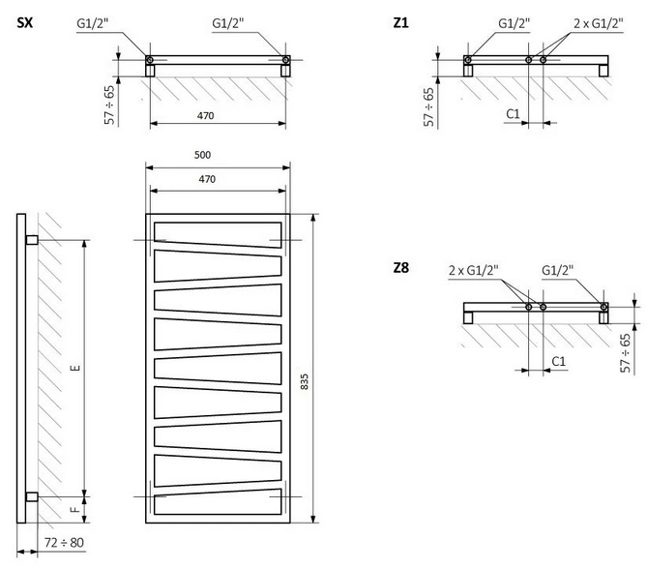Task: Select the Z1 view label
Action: point(400,21)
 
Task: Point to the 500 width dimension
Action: point(202,155)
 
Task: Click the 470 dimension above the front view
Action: point(206,179)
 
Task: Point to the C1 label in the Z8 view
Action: point(558,361)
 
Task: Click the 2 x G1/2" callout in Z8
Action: point(473,270)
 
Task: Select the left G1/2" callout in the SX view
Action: point(95,23)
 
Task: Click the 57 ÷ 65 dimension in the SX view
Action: point(110,104)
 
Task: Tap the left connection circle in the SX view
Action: point(150,61)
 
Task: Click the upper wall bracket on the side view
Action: point(32,240)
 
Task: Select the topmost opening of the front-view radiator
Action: point(216,232)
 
